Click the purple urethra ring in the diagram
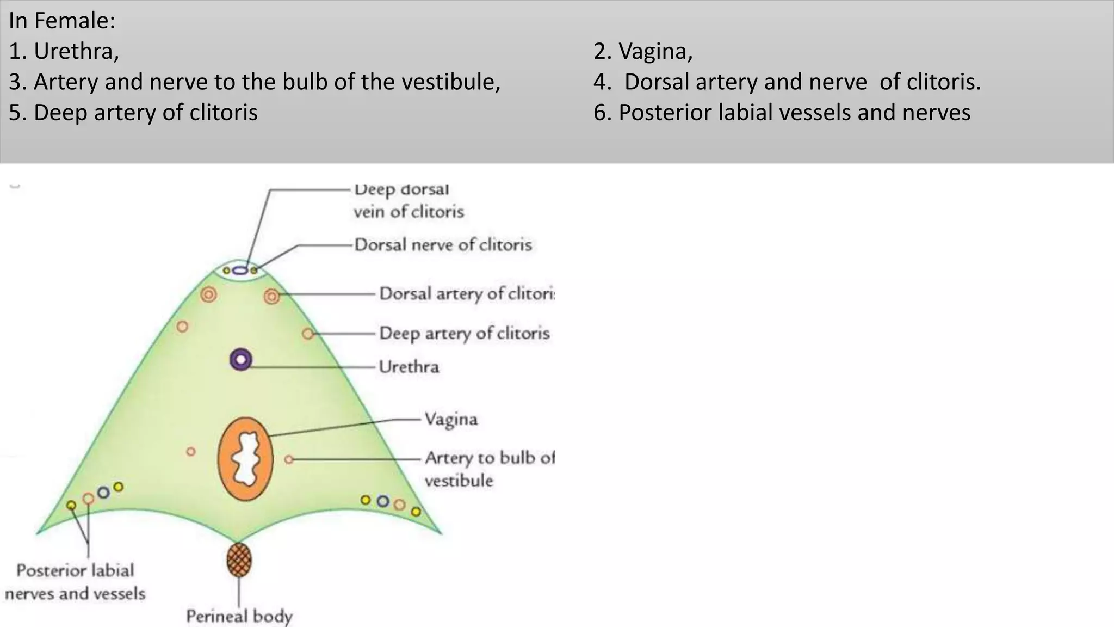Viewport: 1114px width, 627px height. (240, 360)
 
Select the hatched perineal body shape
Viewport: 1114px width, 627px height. (239, 560)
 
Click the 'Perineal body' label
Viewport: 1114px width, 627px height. (239, 616)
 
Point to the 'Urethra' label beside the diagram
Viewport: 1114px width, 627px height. (409, 367)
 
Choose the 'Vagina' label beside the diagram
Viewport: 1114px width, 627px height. (451, 419)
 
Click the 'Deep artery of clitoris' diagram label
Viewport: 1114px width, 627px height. (465, 333)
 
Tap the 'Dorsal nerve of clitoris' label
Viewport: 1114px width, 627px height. (443, 245)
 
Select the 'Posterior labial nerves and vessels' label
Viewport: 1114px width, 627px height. (75, 582)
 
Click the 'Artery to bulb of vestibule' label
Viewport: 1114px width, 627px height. (490, 469)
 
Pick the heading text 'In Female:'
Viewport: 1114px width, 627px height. (62, 21)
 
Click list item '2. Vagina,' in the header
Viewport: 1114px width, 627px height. (643, 51)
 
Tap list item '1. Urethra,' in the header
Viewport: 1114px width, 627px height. (64, 51)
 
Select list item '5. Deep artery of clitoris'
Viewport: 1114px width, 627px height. (133, 113)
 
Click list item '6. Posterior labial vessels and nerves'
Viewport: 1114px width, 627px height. (782, 113)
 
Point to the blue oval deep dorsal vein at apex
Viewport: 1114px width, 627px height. (240, 270)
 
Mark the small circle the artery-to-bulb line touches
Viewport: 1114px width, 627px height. (289, 460)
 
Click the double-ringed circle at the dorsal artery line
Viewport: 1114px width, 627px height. (271, 296)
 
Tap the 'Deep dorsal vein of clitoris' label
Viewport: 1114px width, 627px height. (408, 200)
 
